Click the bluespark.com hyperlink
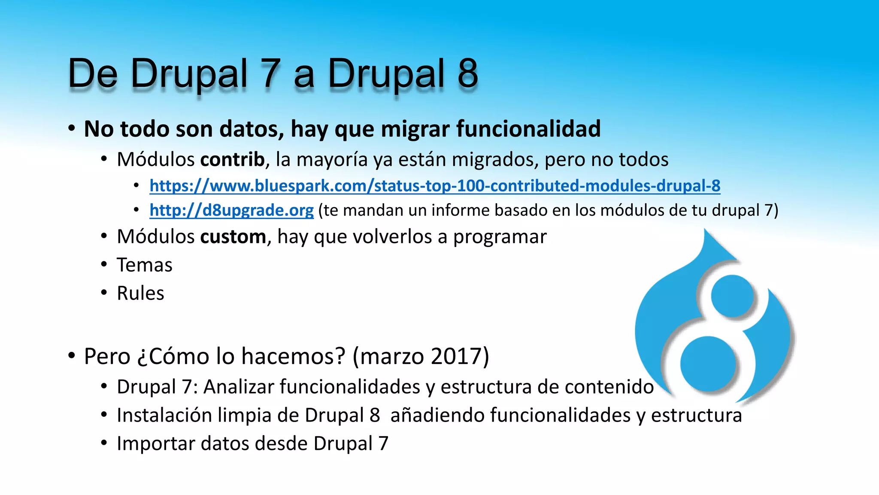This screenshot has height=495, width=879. [434, 186]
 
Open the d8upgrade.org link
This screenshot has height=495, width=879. [231, 210]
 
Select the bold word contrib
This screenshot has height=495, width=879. [232, 159]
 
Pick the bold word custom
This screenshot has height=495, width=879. [233, 237]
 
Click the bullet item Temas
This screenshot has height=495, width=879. [144, 265]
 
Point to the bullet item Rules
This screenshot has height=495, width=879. [140, 293]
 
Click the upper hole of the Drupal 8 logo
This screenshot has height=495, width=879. [732, 296]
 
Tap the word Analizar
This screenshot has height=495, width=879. [238, 387]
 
